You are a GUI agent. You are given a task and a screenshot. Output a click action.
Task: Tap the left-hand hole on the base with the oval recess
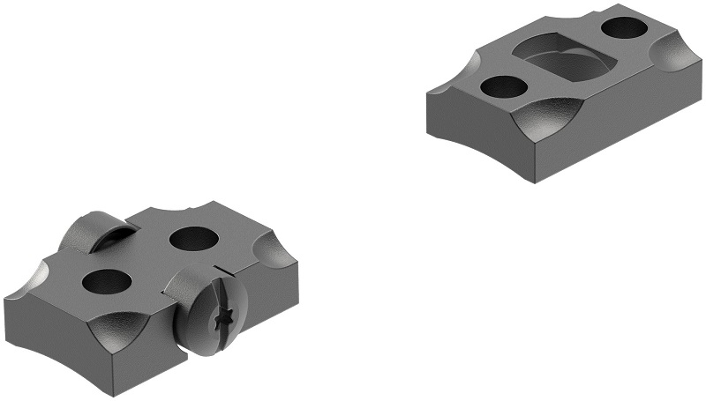click(x=503, y=86)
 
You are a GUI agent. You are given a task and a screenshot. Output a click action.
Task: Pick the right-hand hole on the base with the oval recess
click(x=626, y=28)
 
